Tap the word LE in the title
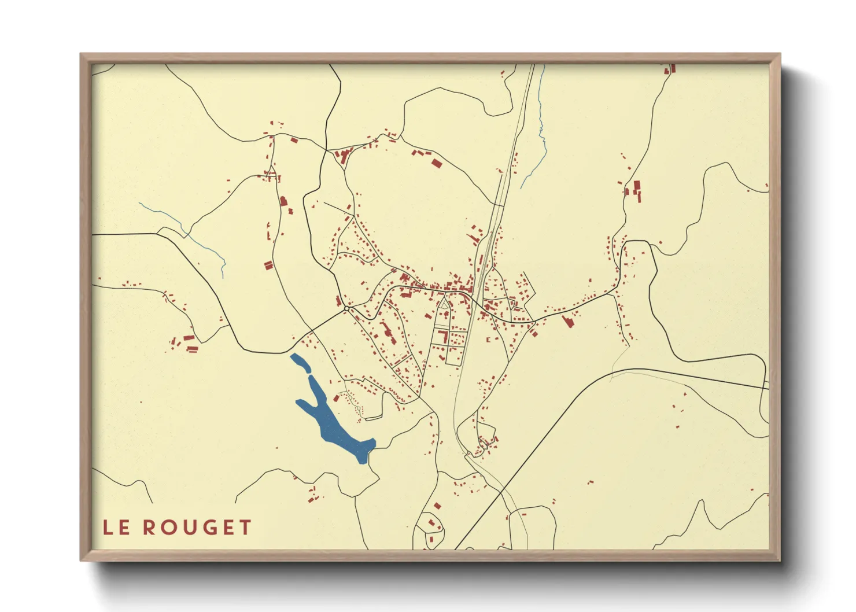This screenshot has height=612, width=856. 116,528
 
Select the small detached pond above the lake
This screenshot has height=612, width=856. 300,362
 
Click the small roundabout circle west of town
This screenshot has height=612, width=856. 346,309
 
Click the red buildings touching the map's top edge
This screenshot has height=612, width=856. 671,69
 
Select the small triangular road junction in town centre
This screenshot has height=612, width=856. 444,303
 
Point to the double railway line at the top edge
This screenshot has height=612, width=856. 531,72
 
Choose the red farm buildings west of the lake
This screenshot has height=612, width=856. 189,342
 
